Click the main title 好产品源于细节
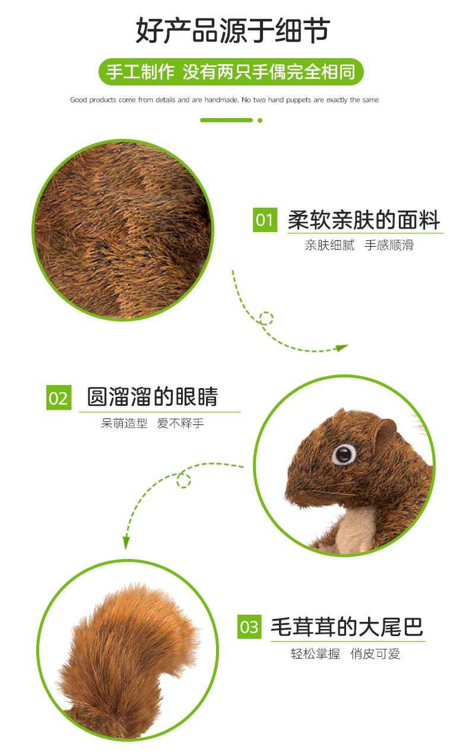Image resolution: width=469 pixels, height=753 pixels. pos(233,31)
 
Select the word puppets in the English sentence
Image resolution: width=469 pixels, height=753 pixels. pos(298,100)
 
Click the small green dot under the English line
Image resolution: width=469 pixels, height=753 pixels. pos(260,120)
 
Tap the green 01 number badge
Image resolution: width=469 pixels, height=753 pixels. pos(265,220)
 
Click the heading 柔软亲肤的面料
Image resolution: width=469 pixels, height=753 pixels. pos(364,220)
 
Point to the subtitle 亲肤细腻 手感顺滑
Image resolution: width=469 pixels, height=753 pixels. pos(359,245)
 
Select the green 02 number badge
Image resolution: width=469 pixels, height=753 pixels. pos(59,398)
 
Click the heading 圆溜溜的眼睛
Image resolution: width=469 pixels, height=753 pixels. pos(153,396)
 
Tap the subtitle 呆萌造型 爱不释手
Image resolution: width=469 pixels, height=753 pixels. pos(153,423)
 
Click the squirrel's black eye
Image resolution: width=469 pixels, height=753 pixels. pos(344,454)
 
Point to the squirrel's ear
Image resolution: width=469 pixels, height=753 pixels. pos(386,431)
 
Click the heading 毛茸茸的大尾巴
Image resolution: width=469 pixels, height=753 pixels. pos(347,627)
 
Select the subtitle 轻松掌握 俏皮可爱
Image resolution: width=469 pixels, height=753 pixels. pos(346,654)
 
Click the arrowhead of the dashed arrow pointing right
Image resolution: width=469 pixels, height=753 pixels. pos(343,347)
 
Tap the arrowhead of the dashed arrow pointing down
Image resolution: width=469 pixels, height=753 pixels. pos(126,542)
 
